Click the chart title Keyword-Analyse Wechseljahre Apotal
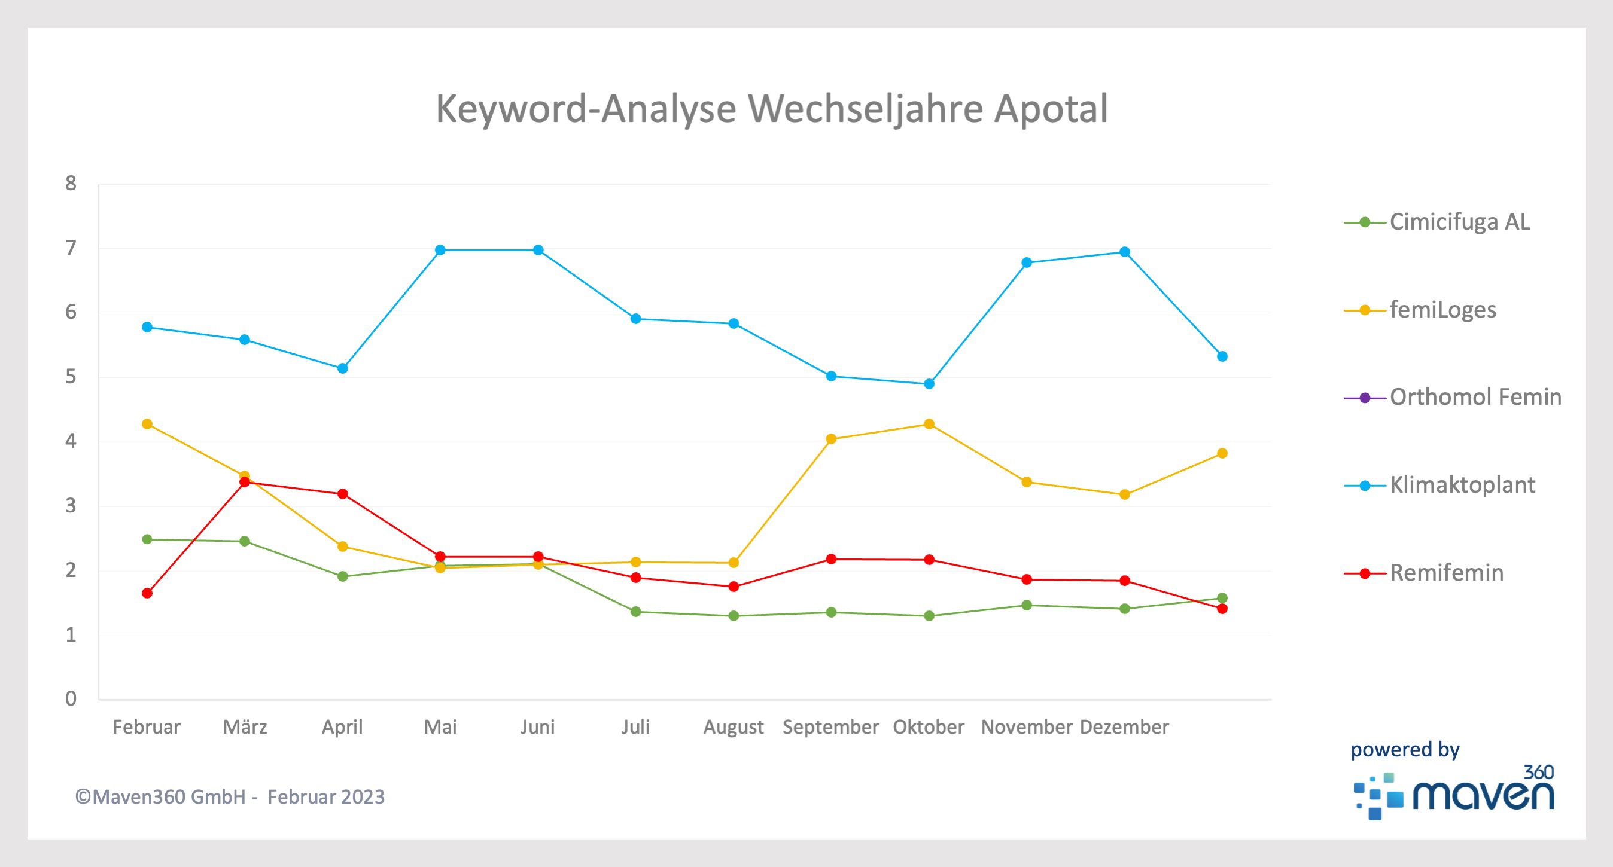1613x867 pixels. click(x=771, y=109)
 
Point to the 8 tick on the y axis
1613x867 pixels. click(x=71, y=184)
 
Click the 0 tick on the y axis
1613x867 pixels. click(x=71, y=698)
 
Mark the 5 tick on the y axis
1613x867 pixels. click(x=71, y=377)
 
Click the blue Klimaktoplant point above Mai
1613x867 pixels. click(x=440, y=251)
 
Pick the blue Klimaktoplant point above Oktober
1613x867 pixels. click(x=929, y=384)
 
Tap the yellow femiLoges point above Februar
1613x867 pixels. click(x=147, y=424)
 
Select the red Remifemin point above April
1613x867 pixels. click(x=342, y=494)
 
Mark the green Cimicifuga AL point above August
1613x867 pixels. click(x=734, y=616)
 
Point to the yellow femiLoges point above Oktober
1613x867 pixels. click(x=929, y=424)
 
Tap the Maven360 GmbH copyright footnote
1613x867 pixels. click(x=230, y=797)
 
